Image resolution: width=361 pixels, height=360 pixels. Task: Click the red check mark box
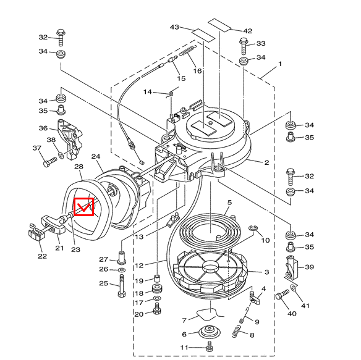click(x=83, y=206)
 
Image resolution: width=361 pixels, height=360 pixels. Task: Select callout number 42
click(x=248, y=31)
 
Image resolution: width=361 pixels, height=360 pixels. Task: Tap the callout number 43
click(x=174, y=28)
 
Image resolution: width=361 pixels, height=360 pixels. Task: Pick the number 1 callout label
click(x=279, y=64)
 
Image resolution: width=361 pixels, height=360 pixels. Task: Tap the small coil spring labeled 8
click(x=234, y=333)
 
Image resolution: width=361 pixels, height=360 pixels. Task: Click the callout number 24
click(x=96, y=157)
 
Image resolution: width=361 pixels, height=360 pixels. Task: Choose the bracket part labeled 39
click(x=290, y=267)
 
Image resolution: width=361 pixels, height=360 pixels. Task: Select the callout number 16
click(x=197, y=71)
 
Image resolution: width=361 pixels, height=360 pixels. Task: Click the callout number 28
click(x=79, y=167)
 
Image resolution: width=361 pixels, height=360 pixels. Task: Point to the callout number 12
click(x=139, y=266)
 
